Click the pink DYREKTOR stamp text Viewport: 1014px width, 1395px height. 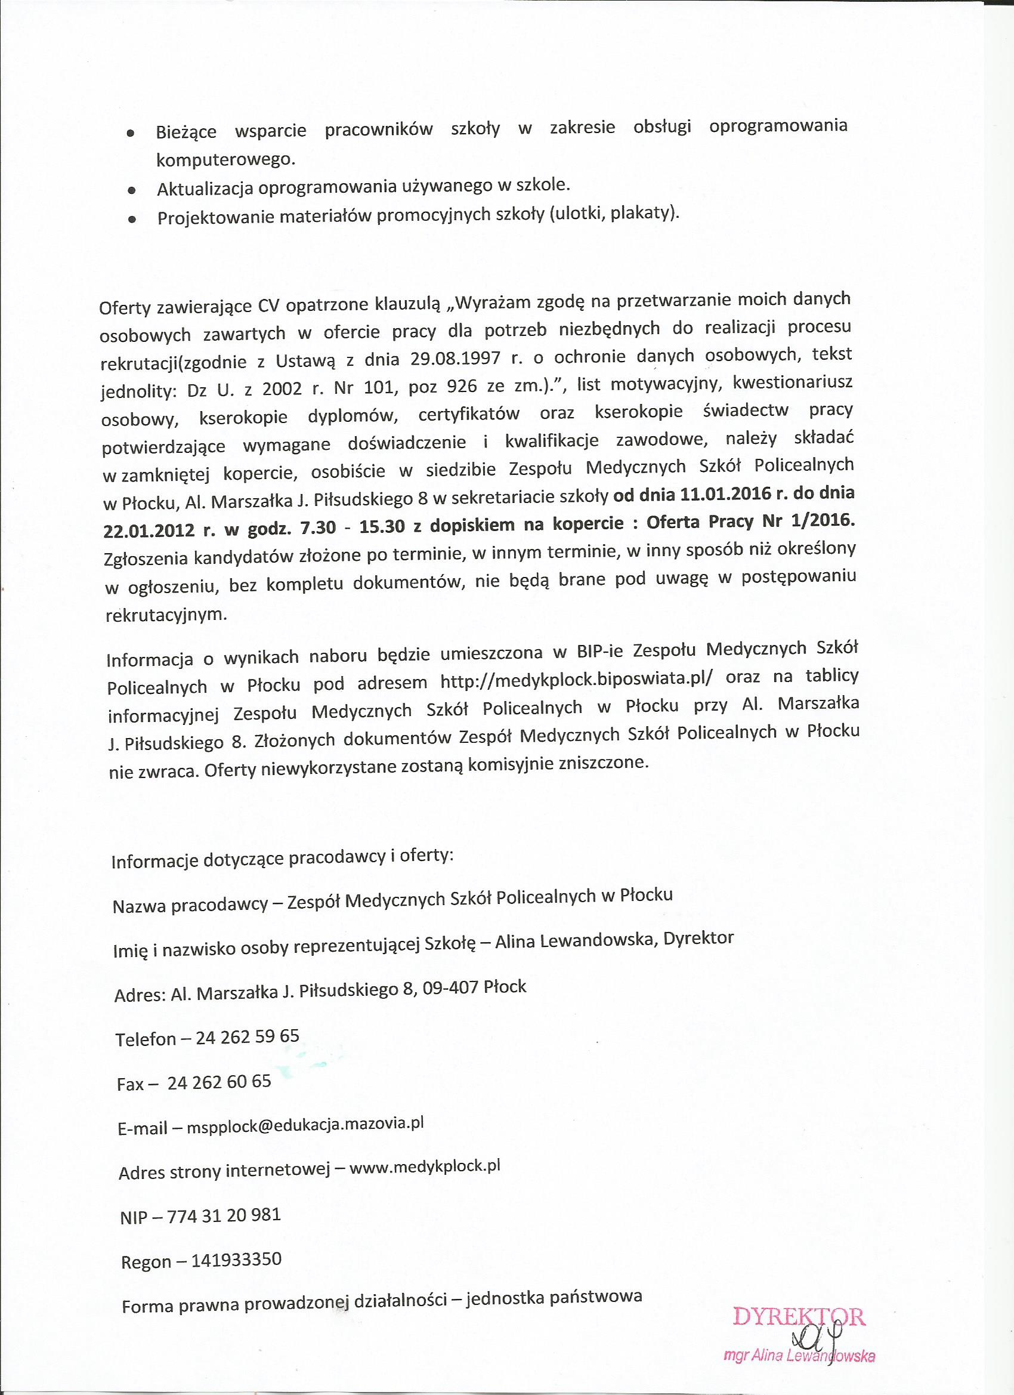[799, 1316]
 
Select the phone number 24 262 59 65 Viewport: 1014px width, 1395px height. [247, 1036]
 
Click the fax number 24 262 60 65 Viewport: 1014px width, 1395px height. [219, 1082]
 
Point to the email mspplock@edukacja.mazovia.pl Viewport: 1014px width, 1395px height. [305, 1125]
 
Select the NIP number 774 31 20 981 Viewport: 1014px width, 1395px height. [224, 1214]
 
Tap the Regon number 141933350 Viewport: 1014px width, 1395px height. [236, 1260]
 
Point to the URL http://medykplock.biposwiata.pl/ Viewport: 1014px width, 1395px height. [577, 681]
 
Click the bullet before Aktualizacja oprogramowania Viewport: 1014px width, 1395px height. [131, 191]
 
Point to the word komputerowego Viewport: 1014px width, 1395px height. [225, 160]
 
